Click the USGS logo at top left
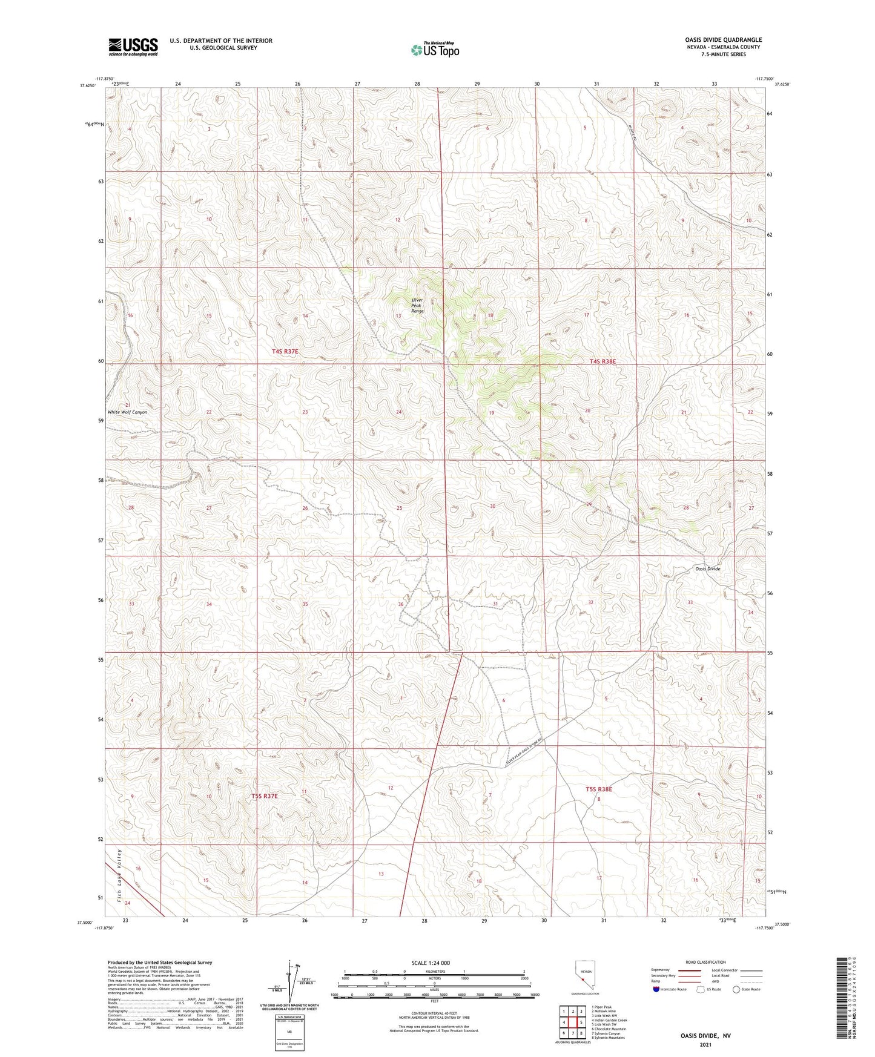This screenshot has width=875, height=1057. tap(133, 47)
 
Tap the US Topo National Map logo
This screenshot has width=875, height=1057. tap(435, 50)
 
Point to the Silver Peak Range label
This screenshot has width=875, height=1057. tap(417, 305)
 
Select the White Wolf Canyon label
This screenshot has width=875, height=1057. tap(127, 412)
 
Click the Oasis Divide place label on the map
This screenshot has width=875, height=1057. tap(707, 569)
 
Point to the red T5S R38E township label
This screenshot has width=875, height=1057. tap(599, 789)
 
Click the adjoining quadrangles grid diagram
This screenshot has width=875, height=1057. tap(572, 1024)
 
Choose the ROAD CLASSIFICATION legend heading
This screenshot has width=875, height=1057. tap(705, 962)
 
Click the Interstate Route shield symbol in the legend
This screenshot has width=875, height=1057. tap(656, 989)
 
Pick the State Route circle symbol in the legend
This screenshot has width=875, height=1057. tap(736, 989)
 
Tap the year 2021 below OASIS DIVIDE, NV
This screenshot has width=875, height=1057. tap(705, 1044)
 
